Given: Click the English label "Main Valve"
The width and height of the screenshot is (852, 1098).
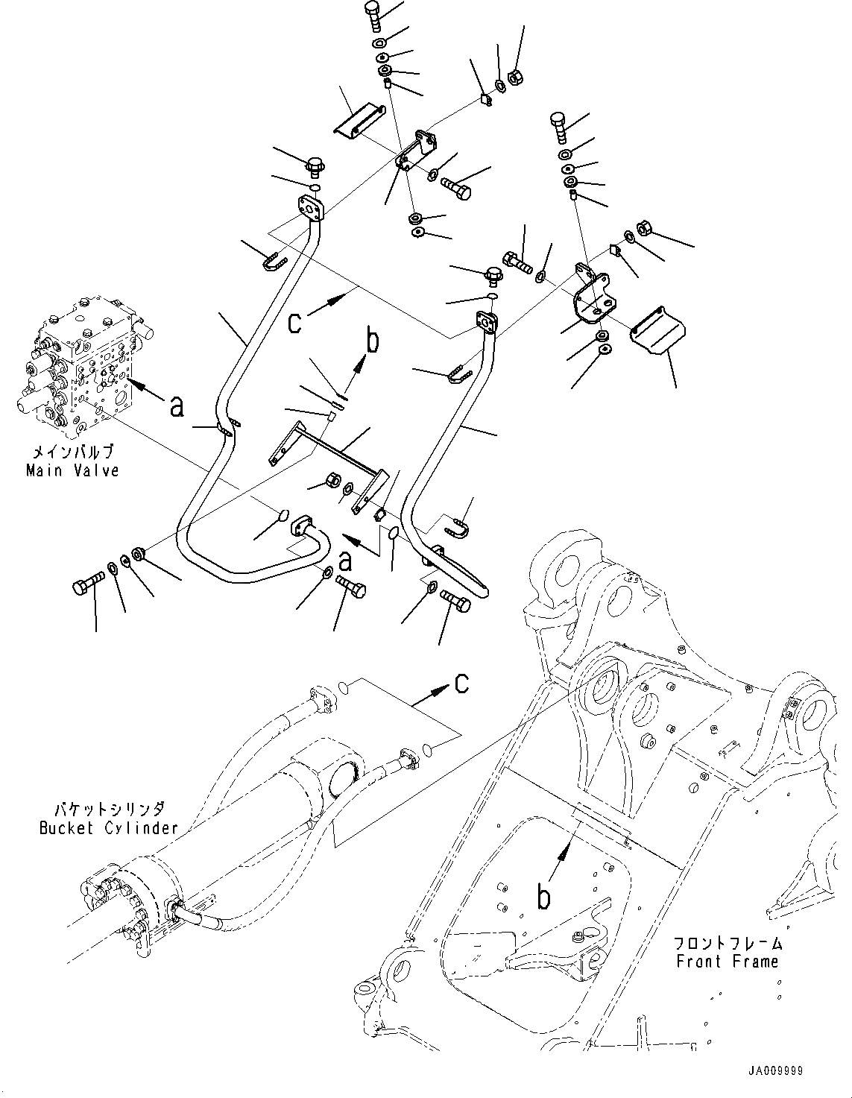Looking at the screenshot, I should point(72,471).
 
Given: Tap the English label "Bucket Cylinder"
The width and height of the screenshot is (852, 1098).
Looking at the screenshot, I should point(109,827).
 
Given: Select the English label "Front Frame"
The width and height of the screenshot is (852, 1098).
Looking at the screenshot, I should point(727,962).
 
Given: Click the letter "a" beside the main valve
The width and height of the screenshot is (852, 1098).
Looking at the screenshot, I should point(176,407).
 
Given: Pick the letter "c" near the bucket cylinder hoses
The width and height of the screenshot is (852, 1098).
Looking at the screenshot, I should point(461,683).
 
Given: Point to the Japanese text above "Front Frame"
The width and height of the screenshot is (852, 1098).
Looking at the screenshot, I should point(727,944).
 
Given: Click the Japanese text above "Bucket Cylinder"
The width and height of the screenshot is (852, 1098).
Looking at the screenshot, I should point(109,810).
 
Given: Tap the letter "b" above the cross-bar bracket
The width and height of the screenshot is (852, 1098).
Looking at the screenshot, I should point(372,344).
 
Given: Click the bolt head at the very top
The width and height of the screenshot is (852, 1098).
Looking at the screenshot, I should point(373,12).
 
